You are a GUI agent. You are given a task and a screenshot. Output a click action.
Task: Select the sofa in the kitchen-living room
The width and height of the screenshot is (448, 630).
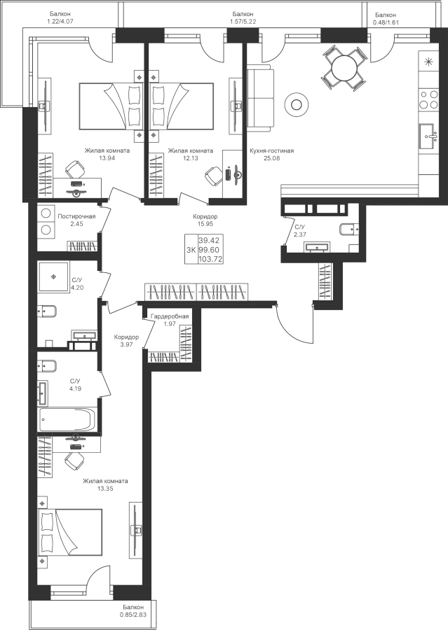click(259, 97)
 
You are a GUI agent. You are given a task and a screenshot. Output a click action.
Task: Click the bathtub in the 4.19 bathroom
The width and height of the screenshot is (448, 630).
click(67, 421)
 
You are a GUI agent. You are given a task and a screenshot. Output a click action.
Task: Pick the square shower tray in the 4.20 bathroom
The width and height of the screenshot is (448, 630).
click(53, 278)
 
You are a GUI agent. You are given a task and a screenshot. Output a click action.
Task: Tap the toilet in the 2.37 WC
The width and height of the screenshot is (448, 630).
click(348, 230)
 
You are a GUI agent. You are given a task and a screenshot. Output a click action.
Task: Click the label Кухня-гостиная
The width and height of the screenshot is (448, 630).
click(271, 150)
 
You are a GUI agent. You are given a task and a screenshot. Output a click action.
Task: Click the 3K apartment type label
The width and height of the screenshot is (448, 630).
click(190, 250)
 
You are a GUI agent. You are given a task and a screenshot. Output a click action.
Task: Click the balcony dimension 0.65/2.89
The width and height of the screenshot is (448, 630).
click(133, 615)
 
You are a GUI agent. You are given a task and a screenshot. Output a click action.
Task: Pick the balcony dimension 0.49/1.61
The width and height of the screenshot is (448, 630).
click(386, 22)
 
